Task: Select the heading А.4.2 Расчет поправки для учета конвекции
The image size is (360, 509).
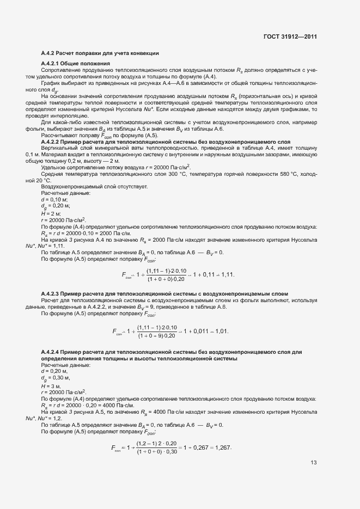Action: [100, 53]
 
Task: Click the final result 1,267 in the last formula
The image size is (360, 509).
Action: [223, 447]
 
